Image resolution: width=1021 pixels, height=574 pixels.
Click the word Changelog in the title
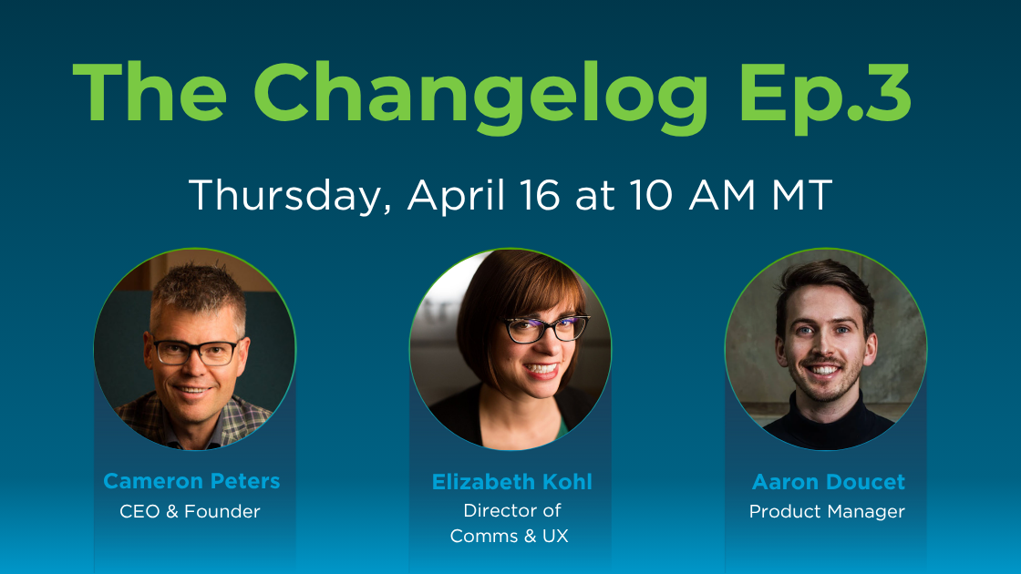coord(480,94)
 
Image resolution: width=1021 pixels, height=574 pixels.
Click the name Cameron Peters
coord(191,480)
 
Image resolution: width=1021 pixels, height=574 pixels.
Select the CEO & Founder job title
coord(190,511)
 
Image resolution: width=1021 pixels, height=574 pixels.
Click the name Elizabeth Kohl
coord(511,482)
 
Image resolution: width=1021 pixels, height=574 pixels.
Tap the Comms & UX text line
coord(509,536)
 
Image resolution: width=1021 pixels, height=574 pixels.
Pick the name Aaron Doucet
coord(828,481)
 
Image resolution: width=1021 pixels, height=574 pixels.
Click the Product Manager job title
coord(827,511)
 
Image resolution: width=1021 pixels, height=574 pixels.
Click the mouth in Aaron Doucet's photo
coord(825,370)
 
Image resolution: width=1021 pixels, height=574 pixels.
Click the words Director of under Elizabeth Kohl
coord(511,510)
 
